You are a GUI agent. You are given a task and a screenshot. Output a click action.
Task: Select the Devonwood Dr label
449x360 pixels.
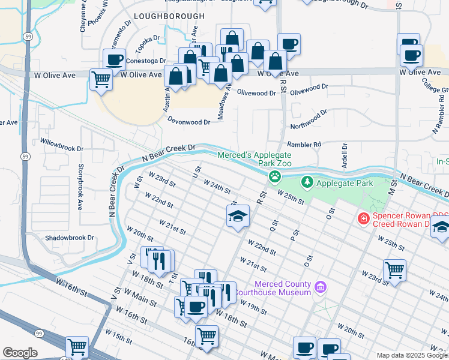[188, 121]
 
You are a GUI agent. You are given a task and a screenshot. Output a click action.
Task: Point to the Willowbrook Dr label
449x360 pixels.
[59, 145]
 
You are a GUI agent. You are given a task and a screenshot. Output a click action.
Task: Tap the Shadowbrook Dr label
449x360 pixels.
[70, 238]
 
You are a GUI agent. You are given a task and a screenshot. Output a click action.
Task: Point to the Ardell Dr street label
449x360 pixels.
[345, 155]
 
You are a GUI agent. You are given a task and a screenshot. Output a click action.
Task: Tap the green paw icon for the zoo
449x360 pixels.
[275, 176]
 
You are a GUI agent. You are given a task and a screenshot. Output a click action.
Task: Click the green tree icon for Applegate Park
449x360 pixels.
[307, 181]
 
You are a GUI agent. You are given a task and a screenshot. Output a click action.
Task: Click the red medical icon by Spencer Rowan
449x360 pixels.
[363, 218]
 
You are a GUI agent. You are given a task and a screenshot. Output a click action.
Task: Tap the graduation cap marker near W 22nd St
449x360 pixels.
[238, 216]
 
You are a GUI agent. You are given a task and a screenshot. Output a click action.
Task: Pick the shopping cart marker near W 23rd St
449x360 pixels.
[394, 269]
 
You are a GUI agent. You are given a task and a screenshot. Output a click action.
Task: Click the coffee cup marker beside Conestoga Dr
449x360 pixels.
[114, 59]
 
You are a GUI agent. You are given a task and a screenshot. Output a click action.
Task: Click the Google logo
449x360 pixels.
[20, 353]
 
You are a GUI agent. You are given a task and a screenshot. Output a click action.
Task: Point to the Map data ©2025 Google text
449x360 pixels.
[412, 355]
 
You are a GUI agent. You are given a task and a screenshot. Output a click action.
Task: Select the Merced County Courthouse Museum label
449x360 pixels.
[282, 288]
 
